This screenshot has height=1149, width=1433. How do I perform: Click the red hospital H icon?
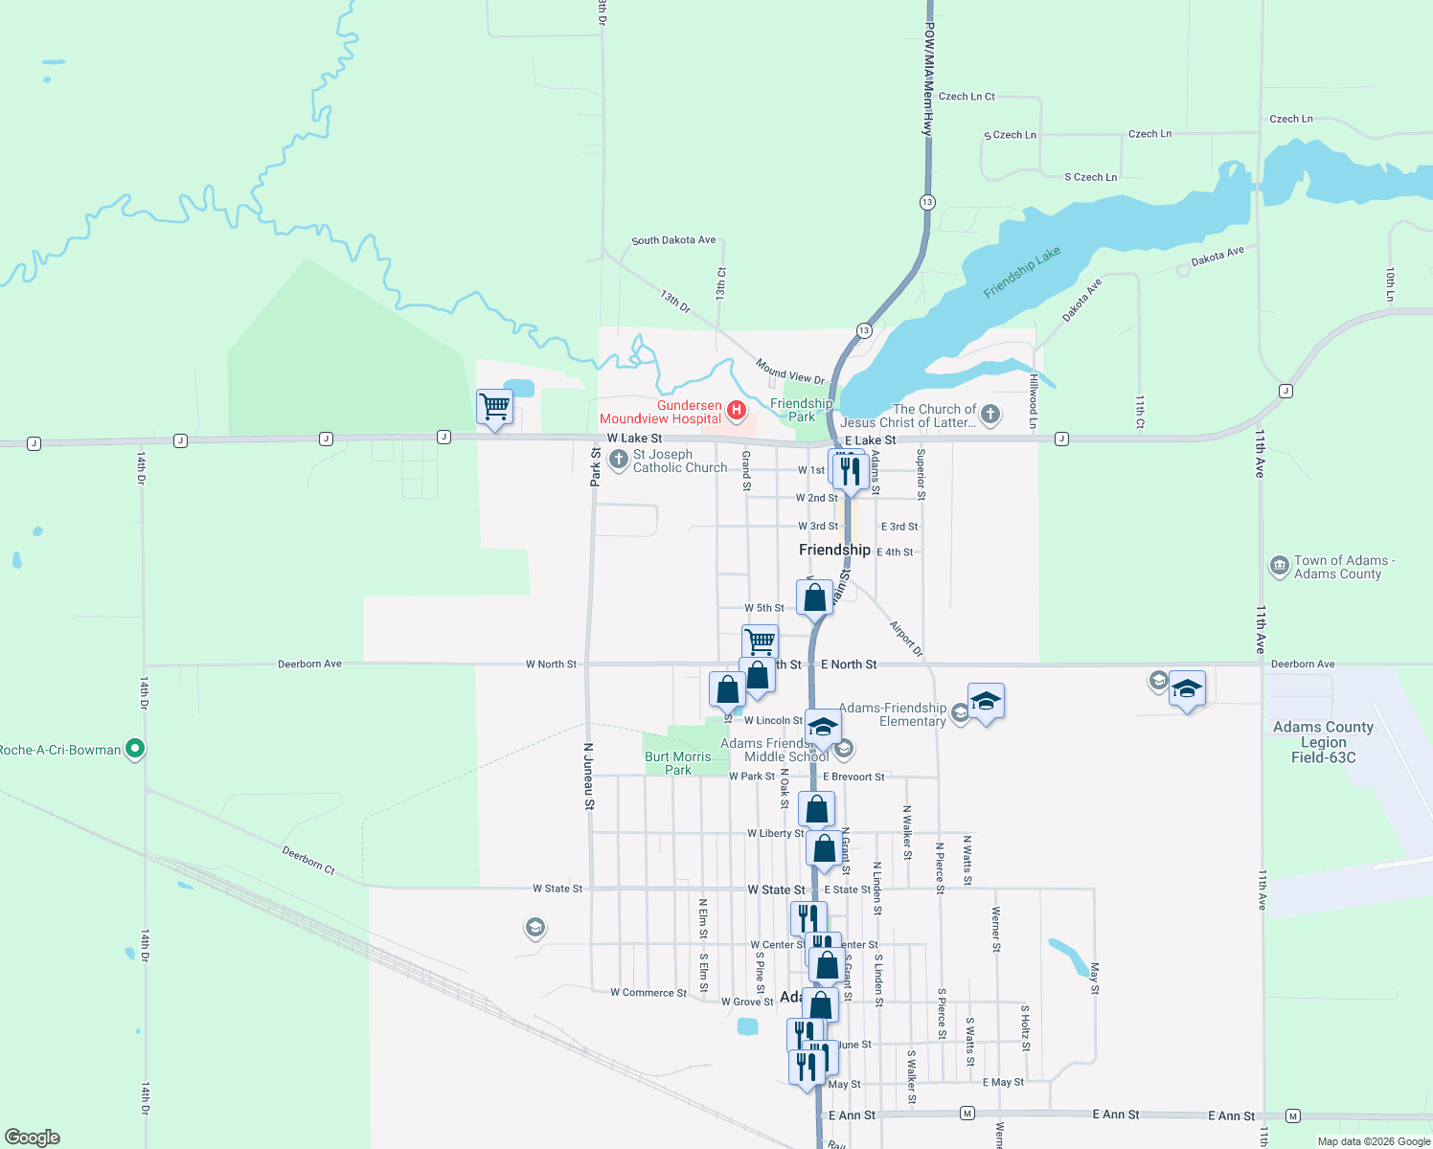[x=737, y=411]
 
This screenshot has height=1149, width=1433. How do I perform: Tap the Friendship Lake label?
[x=1022, y=272]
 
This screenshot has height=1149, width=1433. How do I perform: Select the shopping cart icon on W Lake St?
[x=495, y=407]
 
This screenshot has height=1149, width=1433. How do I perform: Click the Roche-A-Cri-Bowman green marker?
[x=135, y=749]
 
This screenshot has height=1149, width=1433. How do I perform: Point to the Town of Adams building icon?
[x=1279, y=567]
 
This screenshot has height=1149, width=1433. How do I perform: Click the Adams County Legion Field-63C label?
[x=1323, y=742]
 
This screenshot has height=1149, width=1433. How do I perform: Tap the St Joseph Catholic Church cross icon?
[x=619, y=461]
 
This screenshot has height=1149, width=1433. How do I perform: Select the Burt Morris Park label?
[x=678, y=763]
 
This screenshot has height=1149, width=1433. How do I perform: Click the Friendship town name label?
[x=834, y=550]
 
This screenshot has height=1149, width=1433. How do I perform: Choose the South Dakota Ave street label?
[x=673, y=240]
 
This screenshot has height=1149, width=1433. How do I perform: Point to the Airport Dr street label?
[x=905, y=639]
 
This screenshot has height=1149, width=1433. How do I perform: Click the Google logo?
[x=33, y=1138]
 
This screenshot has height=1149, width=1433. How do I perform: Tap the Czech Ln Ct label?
[x=967, y=97]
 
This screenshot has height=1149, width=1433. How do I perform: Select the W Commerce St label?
[x=648, y=993]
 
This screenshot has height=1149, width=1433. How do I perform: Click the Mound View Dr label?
[x=789, y=372]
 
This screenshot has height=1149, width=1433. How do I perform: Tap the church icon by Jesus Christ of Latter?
[x=990, y=415]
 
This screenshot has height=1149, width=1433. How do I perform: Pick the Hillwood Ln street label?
[x=1033, y=401]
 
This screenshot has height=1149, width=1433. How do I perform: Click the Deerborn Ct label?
[x=308, y=859]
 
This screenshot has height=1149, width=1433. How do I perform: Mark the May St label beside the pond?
[x=1095, y=979]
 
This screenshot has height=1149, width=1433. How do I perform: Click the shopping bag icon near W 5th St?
[x=814, y=597]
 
